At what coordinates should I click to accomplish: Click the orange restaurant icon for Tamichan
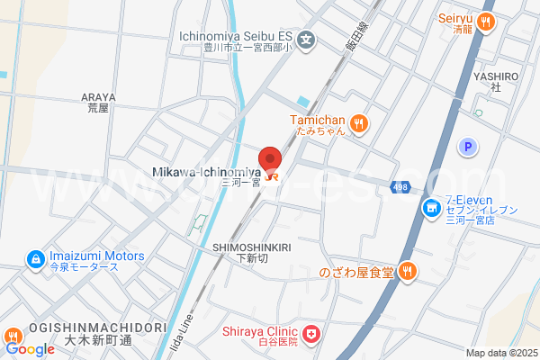(x=358, y=123)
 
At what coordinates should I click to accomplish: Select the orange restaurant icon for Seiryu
(x=486, y=22)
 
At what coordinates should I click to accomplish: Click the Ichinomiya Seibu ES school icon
(x=306, y=40)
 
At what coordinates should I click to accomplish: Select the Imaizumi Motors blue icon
(x=35, y=259)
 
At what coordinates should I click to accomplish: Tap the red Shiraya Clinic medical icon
(x=311, y=335)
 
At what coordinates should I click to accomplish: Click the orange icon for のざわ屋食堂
(x=408, y=270)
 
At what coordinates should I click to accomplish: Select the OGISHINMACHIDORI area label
(x=85, y=328)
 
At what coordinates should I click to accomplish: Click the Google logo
(x=29, y=348)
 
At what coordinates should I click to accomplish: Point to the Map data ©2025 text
(x=500, y=353)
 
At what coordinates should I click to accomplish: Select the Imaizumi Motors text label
(x=96, y=256)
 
